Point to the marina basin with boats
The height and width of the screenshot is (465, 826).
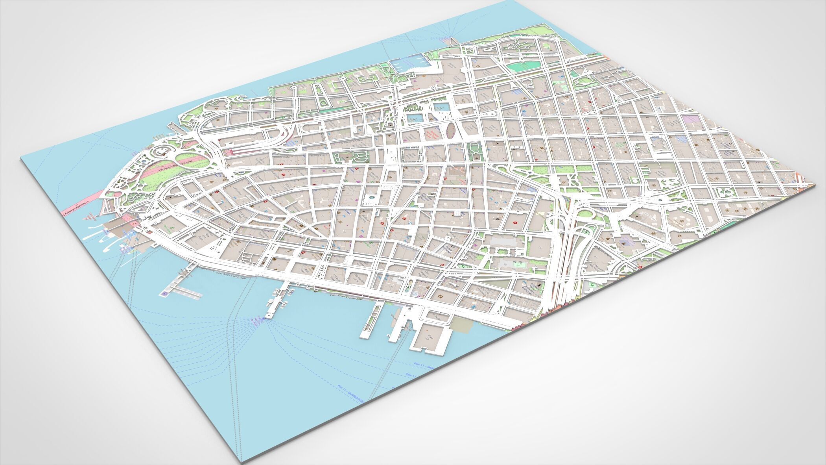(x=409, y=63)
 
